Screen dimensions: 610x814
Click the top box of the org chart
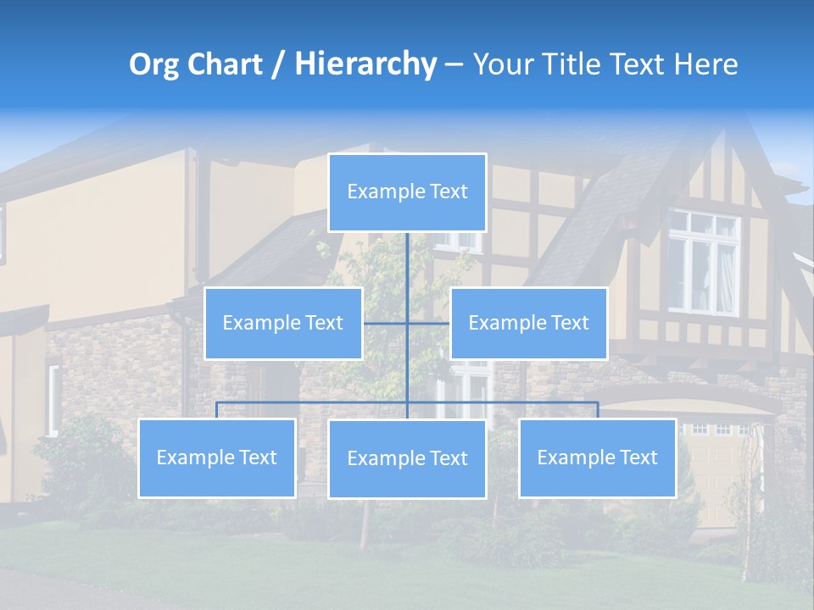pos(407,192)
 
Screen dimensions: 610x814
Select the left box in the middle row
pos(283,324)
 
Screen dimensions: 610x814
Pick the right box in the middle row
pos(528,324)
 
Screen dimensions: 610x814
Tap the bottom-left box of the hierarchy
pos(217,458)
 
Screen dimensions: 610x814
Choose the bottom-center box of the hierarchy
pos(407,459)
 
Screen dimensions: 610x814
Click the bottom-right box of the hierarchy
pos(597,458)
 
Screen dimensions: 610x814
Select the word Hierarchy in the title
pos(365,64)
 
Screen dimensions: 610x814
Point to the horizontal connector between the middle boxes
pos(406,323)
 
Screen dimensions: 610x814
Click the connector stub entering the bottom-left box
pos(217,411)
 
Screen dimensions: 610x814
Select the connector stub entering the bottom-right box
pos(598,411)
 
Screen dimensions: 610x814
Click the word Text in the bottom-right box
pos(638,458)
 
